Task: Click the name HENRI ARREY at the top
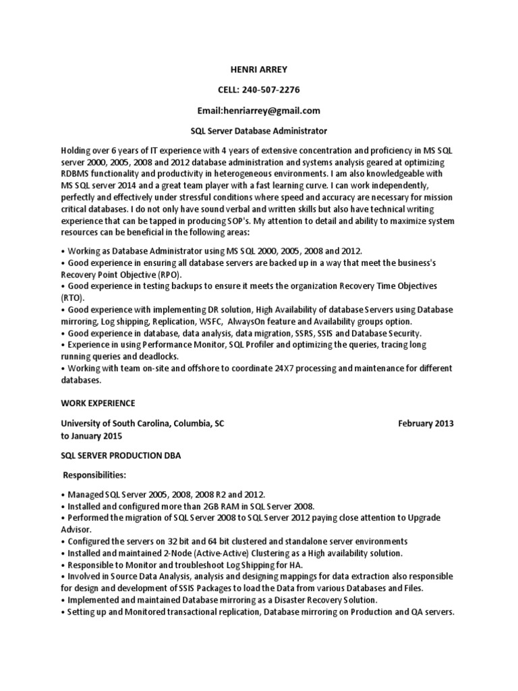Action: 259,68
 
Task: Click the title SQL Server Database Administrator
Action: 259,130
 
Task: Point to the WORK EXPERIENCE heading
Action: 98,403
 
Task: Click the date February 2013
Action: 426,424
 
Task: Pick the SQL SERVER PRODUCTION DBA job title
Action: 121,455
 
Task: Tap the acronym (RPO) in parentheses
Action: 169,276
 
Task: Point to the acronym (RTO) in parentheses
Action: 72,297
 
